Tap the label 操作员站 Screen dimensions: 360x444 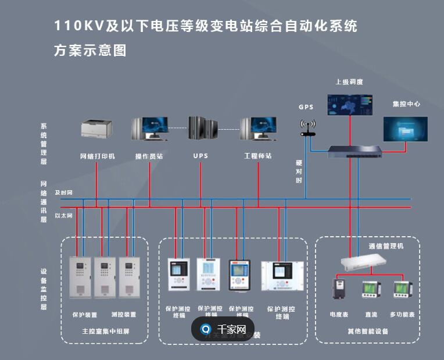pyautogui.click(x=149, y=156)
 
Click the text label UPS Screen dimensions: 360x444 pyautogui.click(x=200, y=156)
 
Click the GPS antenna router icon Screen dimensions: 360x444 pyautogui.click(x=307, y=127)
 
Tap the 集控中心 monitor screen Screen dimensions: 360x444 pyautogui.click(x=405, y=129)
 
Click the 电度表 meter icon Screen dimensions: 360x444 pyautogui.click(x=339, y=289)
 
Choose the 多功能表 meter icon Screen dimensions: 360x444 pyautogui.click(x=402, y=289)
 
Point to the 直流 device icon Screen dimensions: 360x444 pyautogui.click(x=371, y=289)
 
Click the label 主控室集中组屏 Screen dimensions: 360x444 pyautogui.click(x=105, y=332)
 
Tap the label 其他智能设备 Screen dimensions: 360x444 pyautogui.click(x=368, y=332)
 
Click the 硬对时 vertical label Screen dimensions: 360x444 pyautogui.click(x=299, y=172)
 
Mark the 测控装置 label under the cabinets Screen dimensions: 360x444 pyautogui.click(x=123, y=315)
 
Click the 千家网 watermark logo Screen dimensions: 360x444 pyautogui.click(x=223, y=329)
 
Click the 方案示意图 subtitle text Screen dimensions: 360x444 pyautogui.click(x=90, y=51)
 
